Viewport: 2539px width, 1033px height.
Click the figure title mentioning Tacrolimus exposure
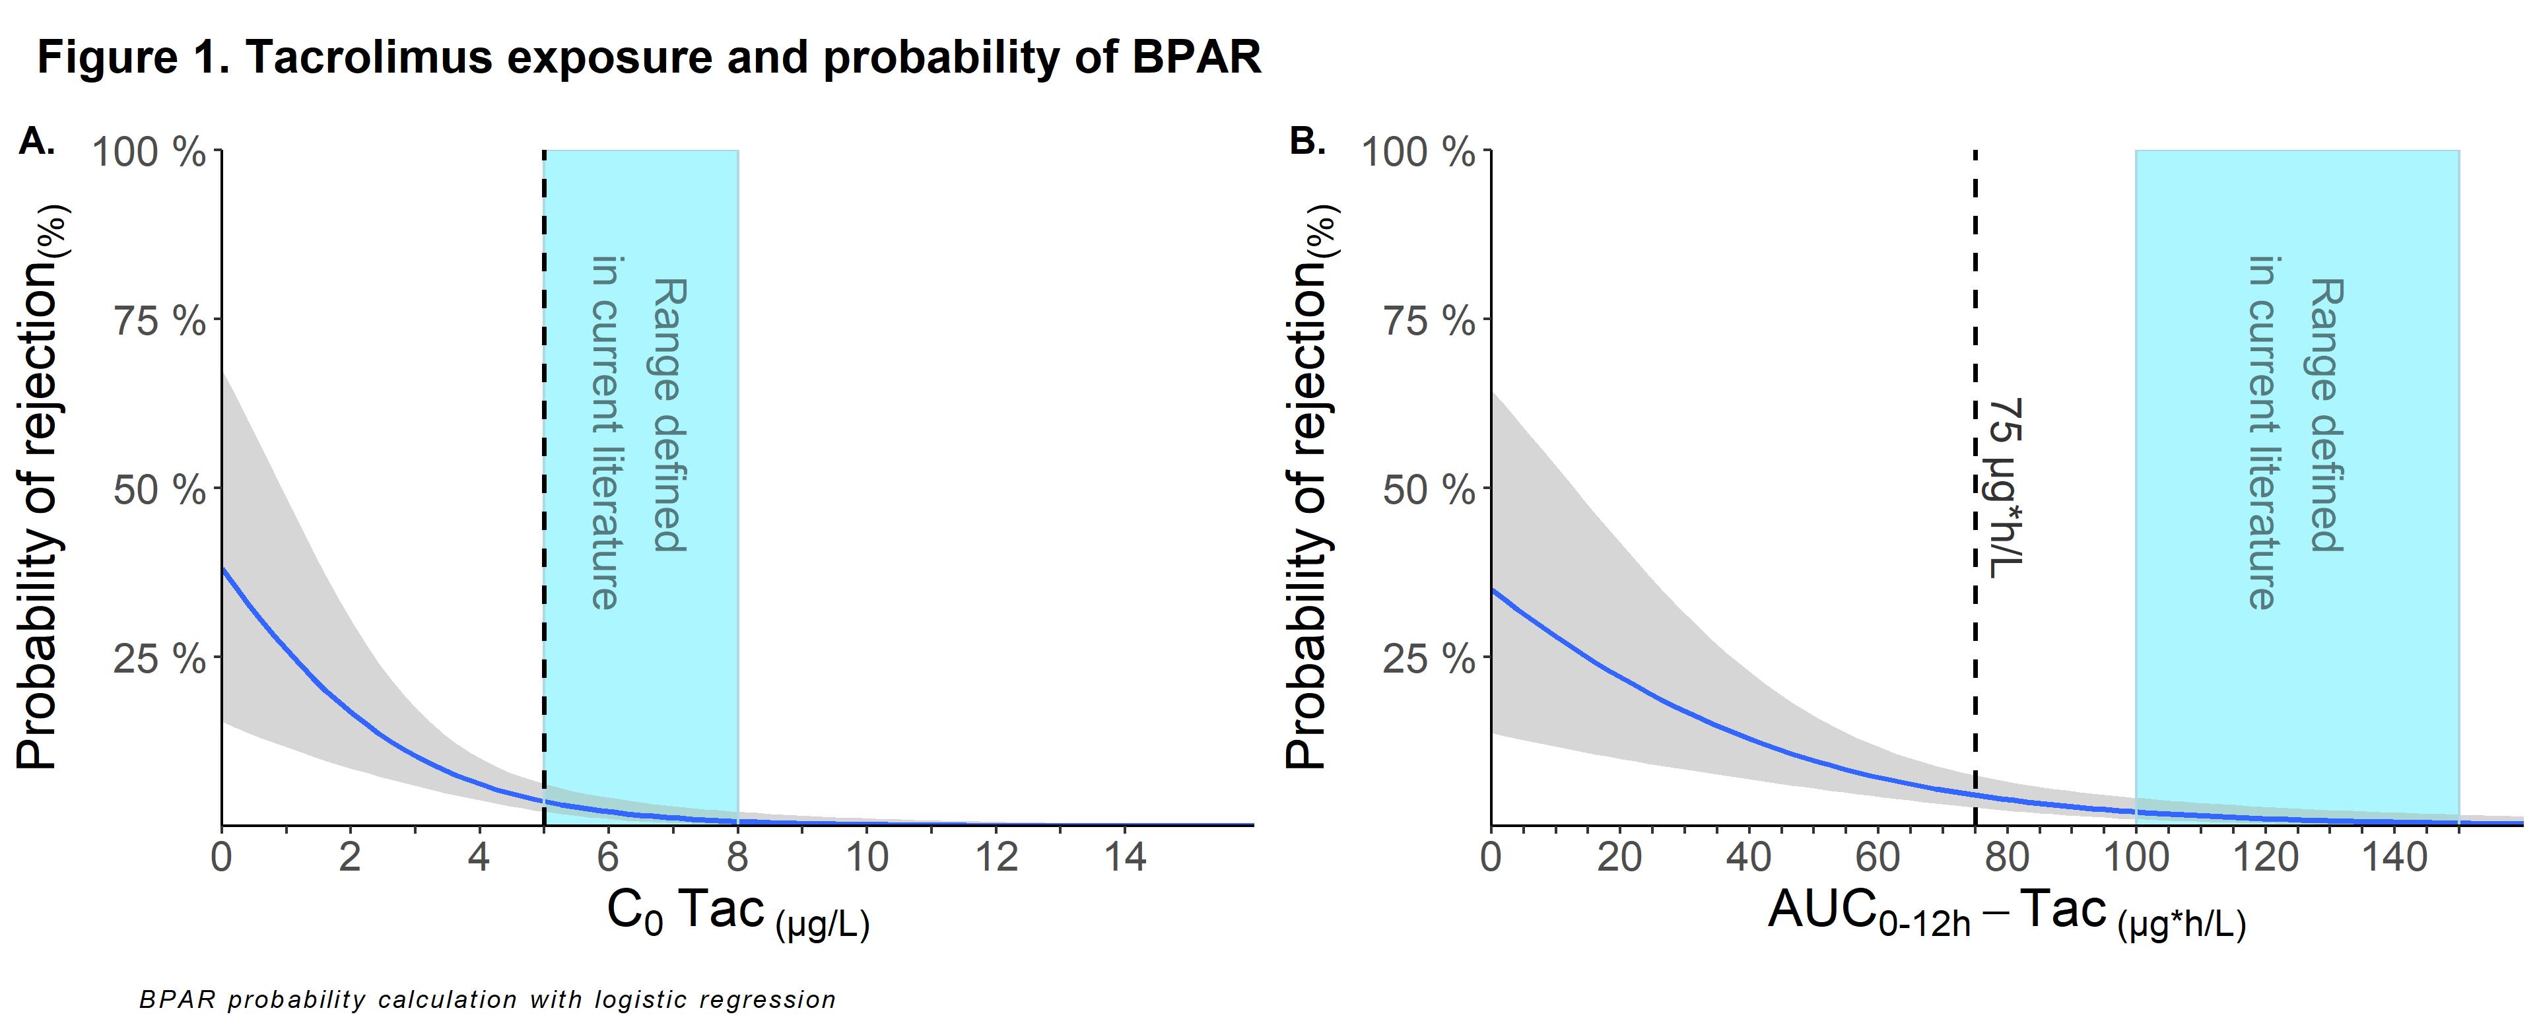(648, 57)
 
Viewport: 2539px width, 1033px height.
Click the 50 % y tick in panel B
(1428, 490)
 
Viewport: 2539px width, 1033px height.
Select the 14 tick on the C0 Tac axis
(1125, 857)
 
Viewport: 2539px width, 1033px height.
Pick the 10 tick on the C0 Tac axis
(867, 857)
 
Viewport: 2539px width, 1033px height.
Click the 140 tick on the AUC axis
(2395, 857)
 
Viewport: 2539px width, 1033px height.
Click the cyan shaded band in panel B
(2297, 690)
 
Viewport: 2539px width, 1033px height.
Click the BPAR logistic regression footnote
(488, 999)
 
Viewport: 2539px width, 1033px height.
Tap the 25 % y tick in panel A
(158, 659)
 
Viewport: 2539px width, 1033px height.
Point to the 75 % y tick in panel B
(1428, 321)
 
